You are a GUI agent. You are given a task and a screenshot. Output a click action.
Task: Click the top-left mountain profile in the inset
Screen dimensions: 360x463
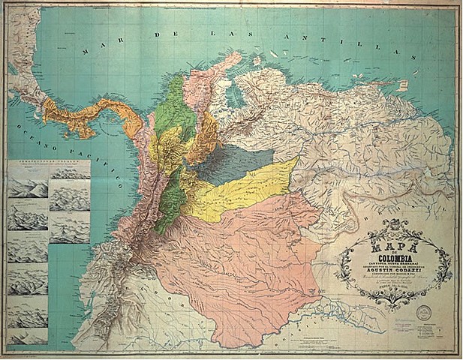point(27,188)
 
